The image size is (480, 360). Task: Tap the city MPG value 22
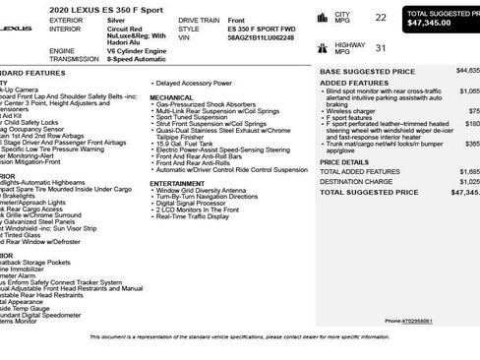pos(381,18)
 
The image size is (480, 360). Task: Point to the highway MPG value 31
pos(381,47)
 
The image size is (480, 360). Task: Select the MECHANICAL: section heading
pos(172,98)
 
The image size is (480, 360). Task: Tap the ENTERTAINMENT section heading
pos(177,182)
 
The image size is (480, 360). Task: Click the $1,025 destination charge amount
pos(469,181)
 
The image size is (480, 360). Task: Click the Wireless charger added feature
pos(352,110)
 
